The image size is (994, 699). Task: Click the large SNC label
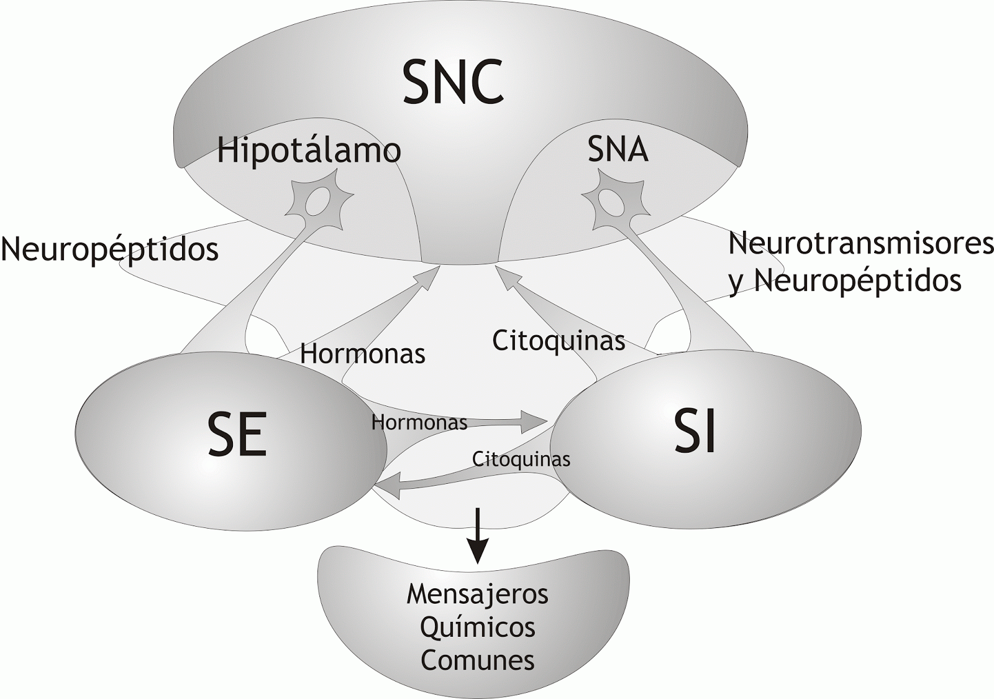click(453, 81)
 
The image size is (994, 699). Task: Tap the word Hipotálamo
click(309, 150)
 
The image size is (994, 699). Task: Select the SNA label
click(618, 150)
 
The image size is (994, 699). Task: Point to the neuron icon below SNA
click(612, 200)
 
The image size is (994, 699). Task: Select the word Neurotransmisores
click(860, 243)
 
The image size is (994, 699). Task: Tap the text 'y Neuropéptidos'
click(845, 280)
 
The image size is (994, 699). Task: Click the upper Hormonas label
click(363, 354)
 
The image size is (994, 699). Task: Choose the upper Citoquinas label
click(559, 340)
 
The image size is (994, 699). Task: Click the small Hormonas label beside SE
click(419, 423)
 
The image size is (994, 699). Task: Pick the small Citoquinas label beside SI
click(521, 459)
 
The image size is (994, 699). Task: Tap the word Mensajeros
click(478, 595)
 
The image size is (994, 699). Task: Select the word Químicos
click(478, 627)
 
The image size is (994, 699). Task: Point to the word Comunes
click(478, 660)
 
